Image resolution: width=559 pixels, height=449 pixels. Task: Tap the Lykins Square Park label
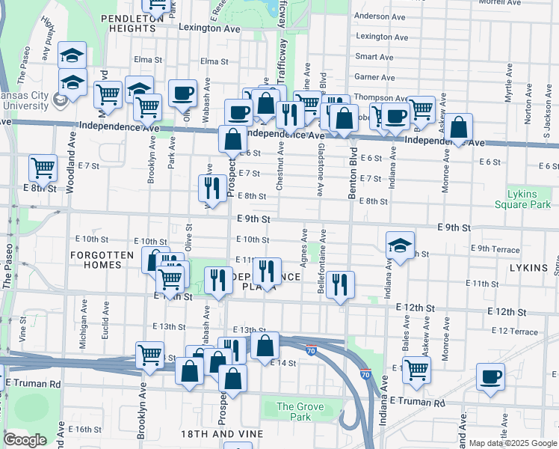pos(522,198)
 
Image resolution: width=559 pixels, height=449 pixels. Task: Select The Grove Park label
pos(294,412)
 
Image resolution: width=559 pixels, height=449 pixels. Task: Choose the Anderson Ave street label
pos(381,16)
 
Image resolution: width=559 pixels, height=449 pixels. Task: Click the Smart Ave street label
pos(374,56)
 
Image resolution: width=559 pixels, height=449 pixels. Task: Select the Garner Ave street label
pos(374,76)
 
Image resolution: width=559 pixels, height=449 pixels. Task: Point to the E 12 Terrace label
pos(514,331)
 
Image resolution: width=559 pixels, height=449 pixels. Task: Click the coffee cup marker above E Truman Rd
pos(490,377)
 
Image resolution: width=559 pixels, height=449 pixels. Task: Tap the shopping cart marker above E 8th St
pos(43,168)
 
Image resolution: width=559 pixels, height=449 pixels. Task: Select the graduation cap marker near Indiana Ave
pos(400,245)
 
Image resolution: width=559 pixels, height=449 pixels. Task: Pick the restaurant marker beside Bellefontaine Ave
pos(340,284)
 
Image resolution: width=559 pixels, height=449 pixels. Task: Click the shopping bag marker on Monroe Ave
pos(460,126)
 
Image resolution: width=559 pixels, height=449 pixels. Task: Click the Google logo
pos(25,440)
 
